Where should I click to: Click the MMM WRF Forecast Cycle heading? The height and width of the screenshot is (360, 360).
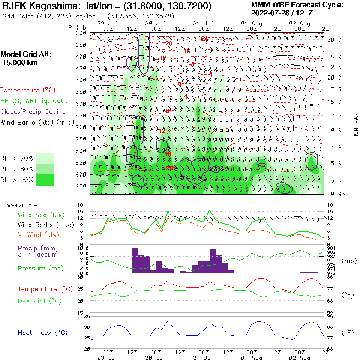[x=297, y=5]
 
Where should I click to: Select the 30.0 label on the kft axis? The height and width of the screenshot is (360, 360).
[x=334, y=40]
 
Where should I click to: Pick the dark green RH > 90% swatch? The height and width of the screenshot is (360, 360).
[x=45, y=180]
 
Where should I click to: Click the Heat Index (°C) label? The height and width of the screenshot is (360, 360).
[x=42, y=333]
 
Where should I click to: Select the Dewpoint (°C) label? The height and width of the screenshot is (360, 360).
[x=40, y=301]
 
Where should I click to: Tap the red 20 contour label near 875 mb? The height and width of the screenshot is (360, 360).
[x=170, y=168]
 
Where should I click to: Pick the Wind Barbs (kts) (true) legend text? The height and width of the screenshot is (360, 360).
[x=37, y=122]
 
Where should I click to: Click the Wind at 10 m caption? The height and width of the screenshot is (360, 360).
[x=22, y=206]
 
